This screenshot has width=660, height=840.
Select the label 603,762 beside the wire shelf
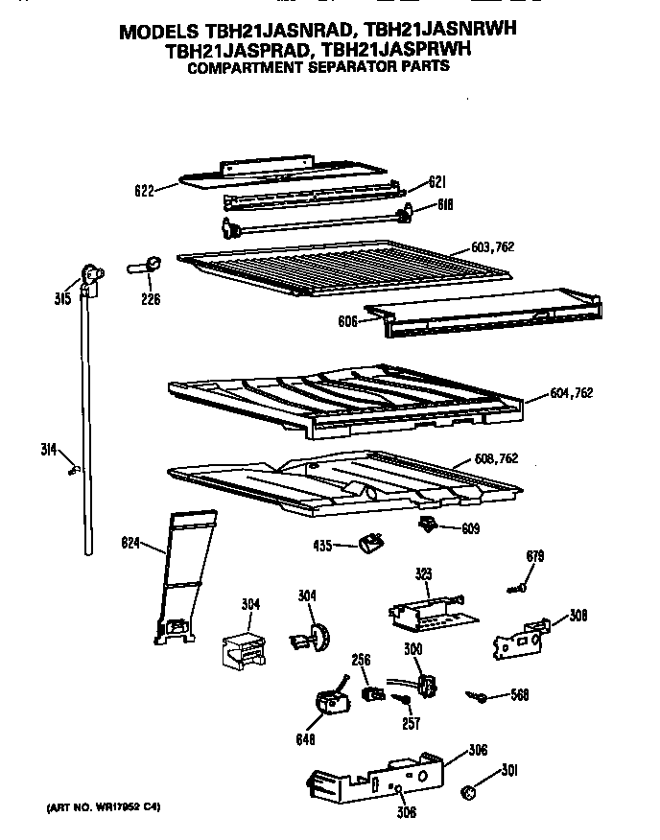tap(493, 247)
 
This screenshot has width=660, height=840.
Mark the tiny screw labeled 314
tap(72, 468)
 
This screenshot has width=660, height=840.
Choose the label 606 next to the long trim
tap(346, 322)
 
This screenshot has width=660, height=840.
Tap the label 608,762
tap(496, 458)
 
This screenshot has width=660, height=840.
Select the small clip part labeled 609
tap(428, 523)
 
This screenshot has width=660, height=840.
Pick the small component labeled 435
tap(368, 545)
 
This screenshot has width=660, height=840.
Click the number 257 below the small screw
tap(411, 724)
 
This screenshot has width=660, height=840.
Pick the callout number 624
tap(131, 546)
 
